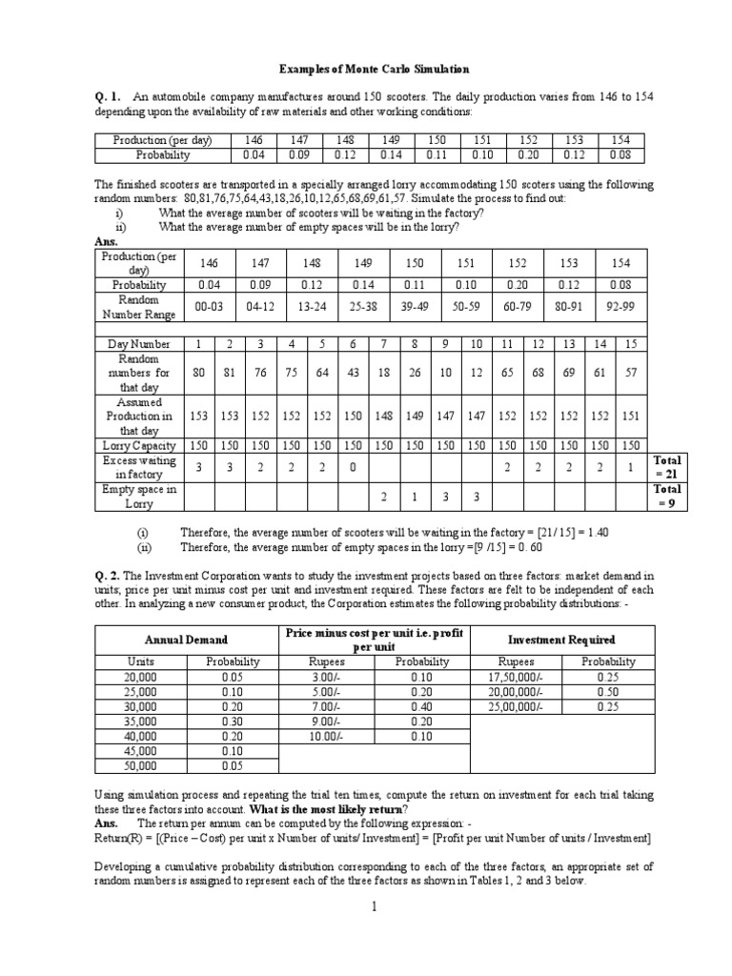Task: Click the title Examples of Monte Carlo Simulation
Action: [x=360, y=70]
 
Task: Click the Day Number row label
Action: [x=139, y=343]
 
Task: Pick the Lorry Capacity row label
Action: [x=139, y=445]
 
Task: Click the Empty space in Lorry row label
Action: [x=139, y=498]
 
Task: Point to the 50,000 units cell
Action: [x=141, y=765]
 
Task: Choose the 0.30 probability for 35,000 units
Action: [x=228, y=721]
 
